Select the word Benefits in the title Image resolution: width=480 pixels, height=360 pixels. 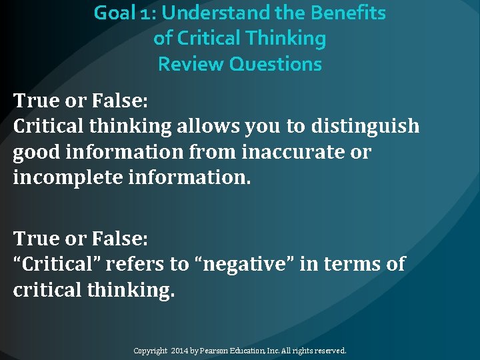coord(353,13)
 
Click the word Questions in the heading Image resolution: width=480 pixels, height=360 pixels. coord(276,65)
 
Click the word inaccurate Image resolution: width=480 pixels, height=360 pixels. coord(297,153)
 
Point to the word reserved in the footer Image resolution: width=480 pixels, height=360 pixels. coord(331,350)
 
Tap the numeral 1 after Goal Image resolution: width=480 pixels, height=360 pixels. coord(146,13)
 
